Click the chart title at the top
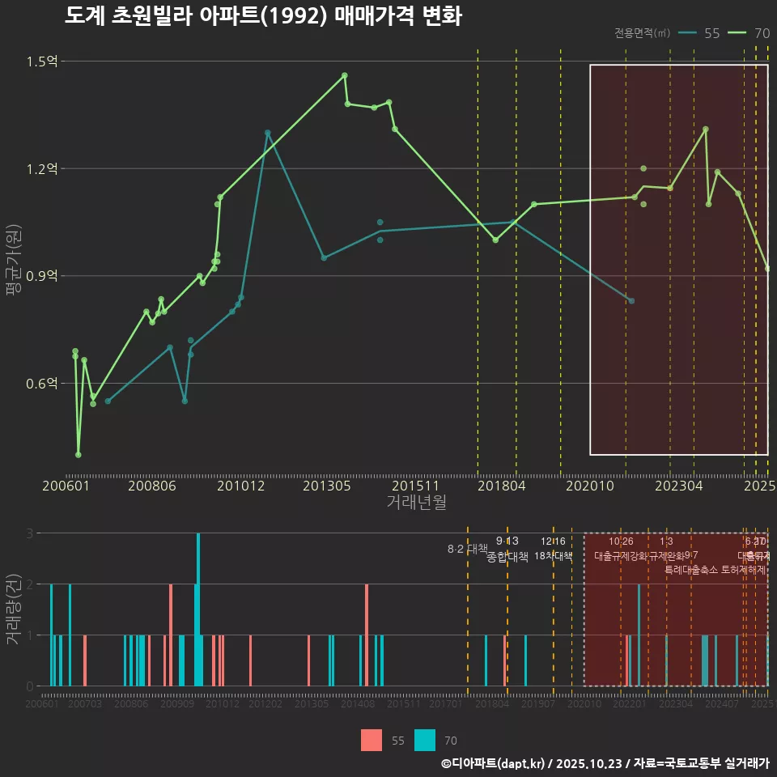pyautogui.click(x=263, y=16)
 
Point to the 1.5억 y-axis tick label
pyautogui.click(x=41, y=62)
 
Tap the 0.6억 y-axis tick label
pyautogui.click(x=41, y=383)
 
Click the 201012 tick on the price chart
pyautogui.click(x=241, y=486)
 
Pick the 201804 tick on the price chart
pyautogui.click(x=502, y=486)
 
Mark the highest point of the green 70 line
pyautogui.click(x=345, y=75)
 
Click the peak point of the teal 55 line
pyautogui.click(x=267, y=132)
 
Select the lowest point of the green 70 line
pyautogui.click(x=79, y=455)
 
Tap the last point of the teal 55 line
pyautogui.click(x=631, y=301)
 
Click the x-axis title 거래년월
pyautogui.click(x=416, y=503)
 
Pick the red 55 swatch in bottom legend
pyautogui.click(x=372, y=740)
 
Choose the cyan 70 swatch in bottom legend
pyautogui.click(x=425, y=740)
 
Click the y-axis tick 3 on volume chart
pyautogui.click(x=29, y=533)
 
